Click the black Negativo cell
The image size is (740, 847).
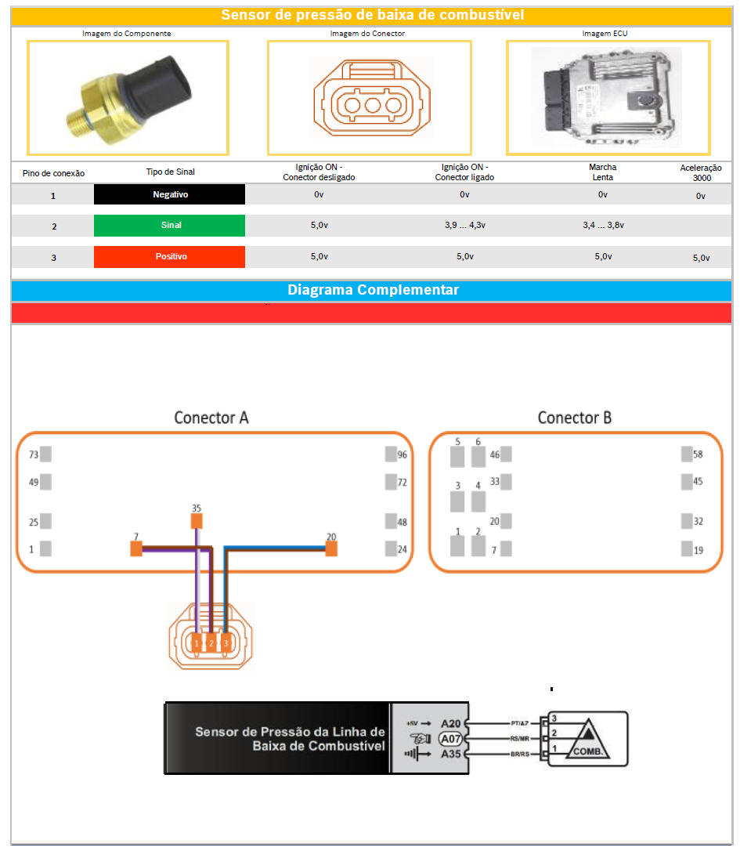(169, 194)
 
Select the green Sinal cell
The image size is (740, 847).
(169, 226)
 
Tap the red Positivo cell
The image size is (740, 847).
(169, 257)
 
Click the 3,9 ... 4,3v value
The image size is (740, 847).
(465, 226)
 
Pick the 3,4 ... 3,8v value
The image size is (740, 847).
(602, 226)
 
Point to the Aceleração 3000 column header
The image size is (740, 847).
(701, 172)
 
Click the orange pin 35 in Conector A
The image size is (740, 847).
(197, 522)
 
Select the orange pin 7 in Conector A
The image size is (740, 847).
(136, 549)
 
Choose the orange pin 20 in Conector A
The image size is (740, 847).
(331, 549)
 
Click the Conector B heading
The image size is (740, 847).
(575, 418)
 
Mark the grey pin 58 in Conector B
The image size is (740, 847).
(687, 454)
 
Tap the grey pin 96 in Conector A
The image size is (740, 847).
(391, 454)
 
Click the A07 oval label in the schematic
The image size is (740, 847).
(450, 739)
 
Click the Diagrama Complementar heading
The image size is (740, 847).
(373, 290)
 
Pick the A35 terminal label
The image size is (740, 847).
(450, 754)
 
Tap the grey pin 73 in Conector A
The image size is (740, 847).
(45, 454)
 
